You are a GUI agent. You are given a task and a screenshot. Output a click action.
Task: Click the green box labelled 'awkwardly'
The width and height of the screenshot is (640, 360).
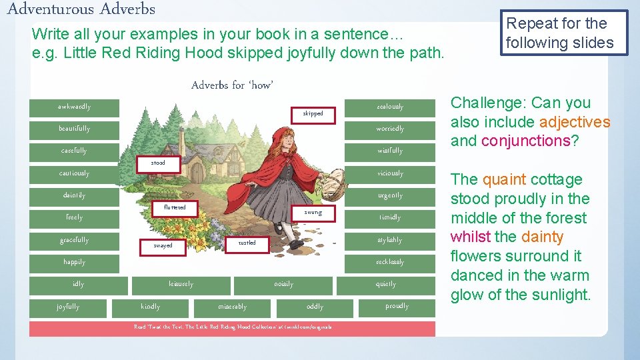coord(74,107)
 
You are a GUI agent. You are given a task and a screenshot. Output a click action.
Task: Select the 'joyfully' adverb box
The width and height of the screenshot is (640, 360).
coord(68,307)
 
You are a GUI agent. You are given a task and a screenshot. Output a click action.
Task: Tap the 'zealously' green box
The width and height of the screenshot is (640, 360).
coord(390,107)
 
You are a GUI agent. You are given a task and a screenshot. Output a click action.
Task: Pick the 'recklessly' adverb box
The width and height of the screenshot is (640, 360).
coord(390,263)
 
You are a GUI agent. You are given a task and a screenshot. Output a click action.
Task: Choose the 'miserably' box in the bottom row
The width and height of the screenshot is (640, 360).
coord(232,307)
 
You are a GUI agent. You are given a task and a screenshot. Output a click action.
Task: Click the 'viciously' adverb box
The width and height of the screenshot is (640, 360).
coord(390,174)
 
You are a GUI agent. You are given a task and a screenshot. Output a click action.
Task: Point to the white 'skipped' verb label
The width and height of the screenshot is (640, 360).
coord(313,113)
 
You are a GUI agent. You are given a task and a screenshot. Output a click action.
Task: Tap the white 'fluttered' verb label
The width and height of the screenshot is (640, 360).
coord(175,208)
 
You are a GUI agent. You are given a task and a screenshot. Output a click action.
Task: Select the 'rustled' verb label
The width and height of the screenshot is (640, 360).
coord(247,243)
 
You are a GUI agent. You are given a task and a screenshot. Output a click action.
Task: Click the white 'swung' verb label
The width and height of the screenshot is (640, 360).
coord(313,213)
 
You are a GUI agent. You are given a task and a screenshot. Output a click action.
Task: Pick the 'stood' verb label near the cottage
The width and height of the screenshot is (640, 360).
coord(158,163)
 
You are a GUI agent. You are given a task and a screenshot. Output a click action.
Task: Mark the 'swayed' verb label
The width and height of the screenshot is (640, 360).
coord(163,245)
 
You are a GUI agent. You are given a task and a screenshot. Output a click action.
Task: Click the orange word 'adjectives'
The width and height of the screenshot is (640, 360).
coord(575,122)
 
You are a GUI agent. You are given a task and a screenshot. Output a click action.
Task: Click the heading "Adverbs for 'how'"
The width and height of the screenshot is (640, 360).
coord(232,85)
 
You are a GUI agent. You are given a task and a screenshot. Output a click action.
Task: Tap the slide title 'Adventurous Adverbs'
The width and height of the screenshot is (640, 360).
coord(81,9)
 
